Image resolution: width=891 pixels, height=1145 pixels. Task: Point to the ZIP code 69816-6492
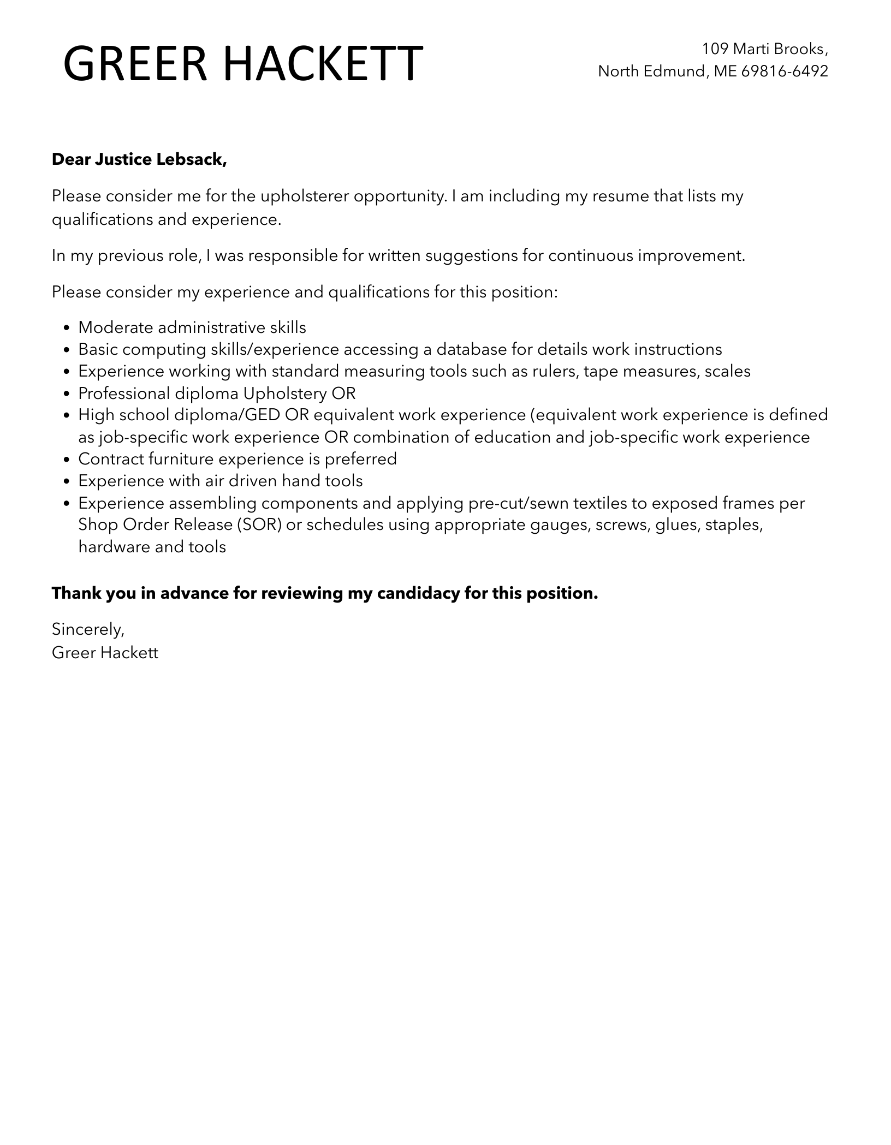(785, 71)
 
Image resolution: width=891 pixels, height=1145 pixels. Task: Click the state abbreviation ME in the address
(725, 71)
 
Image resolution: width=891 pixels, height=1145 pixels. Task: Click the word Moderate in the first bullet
(116, 327)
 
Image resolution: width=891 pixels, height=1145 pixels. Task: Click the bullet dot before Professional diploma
(67, 394)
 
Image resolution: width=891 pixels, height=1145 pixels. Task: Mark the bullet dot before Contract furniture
(67, 460)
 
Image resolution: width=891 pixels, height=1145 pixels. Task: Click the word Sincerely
(88, 630)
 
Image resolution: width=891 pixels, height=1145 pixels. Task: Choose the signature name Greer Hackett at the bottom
(105, 652)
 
